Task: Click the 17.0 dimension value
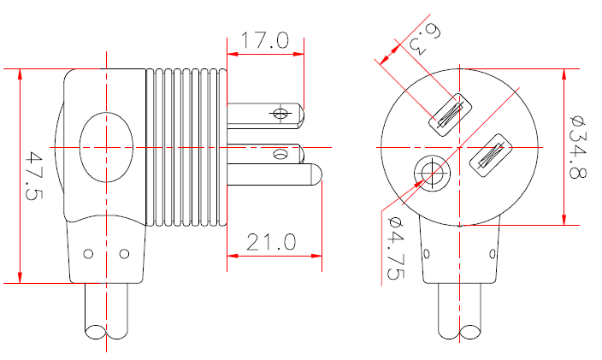(265, 40)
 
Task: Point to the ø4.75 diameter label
(396, 248)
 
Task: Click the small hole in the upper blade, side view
(280, 113)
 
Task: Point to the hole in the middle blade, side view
(280, 154)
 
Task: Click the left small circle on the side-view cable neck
(89, 254)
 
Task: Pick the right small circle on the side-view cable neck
(124, 254)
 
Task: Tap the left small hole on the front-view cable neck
(425, 254)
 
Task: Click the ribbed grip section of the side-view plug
(187, 147)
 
